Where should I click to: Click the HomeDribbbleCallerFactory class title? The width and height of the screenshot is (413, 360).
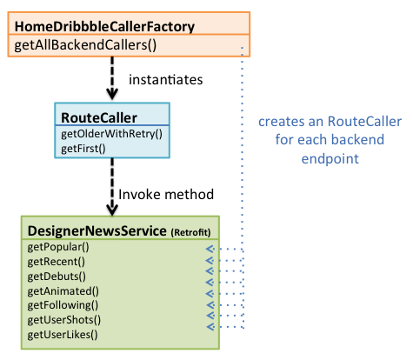[104, 27]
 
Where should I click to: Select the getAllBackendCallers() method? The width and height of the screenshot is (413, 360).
[85, 45]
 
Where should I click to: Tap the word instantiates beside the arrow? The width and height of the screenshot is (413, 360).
[166, 80]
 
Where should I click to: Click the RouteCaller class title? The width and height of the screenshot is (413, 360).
[99, 117]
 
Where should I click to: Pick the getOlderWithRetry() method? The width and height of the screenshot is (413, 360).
[111, 134]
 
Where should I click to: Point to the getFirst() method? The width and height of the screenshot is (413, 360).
[83, 149]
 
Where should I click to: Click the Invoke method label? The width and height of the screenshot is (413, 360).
[166, 194]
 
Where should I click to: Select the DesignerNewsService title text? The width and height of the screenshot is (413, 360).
[97, 231]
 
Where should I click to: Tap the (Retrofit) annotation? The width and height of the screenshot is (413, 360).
[190, 232]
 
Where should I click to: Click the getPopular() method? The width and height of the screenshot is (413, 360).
[58, 247]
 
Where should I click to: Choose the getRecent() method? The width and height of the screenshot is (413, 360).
[57, 262]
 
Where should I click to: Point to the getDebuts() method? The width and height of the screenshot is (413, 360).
[57, 277]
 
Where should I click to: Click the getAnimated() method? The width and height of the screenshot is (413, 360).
[63, 291]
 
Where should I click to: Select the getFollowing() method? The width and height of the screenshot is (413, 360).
[63, 305]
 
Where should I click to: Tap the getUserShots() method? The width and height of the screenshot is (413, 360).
[64, 320]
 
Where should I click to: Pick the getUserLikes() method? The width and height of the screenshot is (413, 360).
[63, 335]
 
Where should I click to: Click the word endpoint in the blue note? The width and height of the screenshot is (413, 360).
[330, 159]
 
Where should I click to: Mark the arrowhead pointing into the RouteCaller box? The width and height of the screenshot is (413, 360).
[112, 95]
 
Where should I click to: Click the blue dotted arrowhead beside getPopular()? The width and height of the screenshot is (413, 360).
[210, 249]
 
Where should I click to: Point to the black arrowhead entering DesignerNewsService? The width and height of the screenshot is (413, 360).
[112, 210]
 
